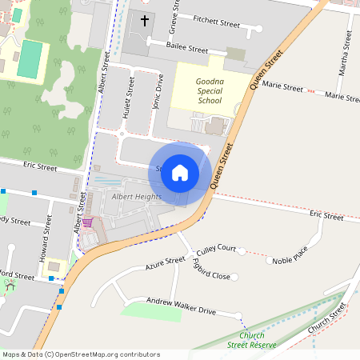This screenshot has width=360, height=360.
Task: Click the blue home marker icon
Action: (x=180, y=173)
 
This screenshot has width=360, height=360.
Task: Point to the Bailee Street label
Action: (x=186, y=47)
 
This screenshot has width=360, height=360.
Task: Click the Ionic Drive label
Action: (x=158, y=93)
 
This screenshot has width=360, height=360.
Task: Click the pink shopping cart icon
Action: (x=87, y=222)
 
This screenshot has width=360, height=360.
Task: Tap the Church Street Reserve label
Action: (x=251, y=340)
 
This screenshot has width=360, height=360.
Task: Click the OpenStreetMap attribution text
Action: (x=80, y=354)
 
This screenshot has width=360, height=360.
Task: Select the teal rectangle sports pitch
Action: (x=31, y=59)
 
